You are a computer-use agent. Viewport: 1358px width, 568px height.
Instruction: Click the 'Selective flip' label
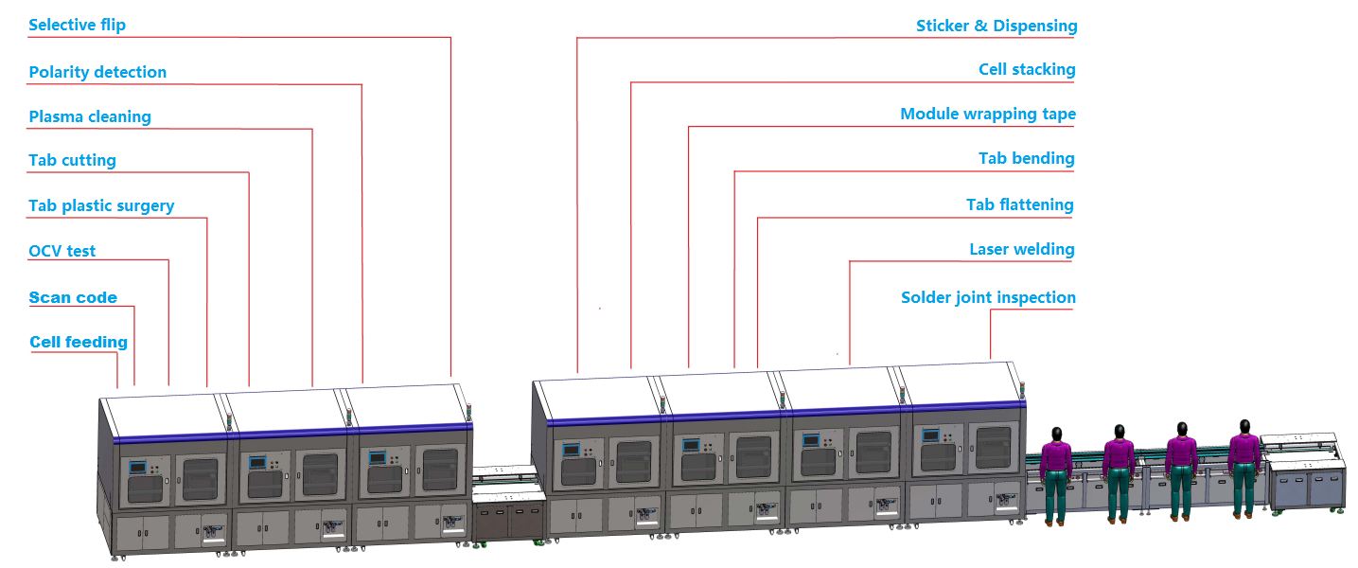click(x=77, y=25)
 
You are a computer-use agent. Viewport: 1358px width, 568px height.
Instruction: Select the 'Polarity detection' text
click(x=97, y=72)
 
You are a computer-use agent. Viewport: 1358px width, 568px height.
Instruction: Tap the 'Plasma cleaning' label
click(x=90, y=117)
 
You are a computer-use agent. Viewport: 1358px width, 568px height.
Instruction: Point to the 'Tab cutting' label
click(x=72, y=160)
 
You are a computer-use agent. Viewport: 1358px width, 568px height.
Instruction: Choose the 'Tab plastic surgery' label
click(x=101, y=205)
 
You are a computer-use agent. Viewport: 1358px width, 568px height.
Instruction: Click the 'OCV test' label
click(x=62, y=251)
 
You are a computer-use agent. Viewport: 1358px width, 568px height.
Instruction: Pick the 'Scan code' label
click(x=73, y=297)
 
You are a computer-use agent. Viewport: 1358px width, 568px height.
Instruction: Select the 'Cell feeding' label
click(x=78, y=342)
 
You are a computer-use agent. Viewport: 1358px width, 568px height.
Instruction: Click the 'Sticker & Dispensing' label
click(x=996, y=26)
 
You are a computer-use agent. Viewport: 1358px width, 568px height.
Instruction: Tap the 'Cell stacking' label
click(x=1027, y=69)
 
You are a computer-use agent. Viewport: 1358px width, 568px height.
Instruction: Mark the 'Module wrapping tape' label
click(x=987, y=114)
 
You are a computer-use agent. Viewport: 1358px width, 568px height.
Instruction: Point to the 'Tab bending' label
click(x=1026, y=158)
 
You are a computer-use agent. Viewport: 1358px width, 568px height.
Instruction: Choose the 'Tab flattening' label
click(x=1019, y=204)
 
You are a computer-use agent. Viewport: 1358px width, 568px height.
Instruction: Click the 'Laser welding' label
click(x=1021, y=250)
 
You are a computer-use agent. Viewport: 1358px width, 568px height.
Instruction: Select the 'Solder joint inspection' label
click(x=987, y=297)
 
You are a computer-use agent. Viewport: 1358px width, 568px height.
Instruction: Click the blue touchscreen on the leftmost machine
click(x=139, y=467)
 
